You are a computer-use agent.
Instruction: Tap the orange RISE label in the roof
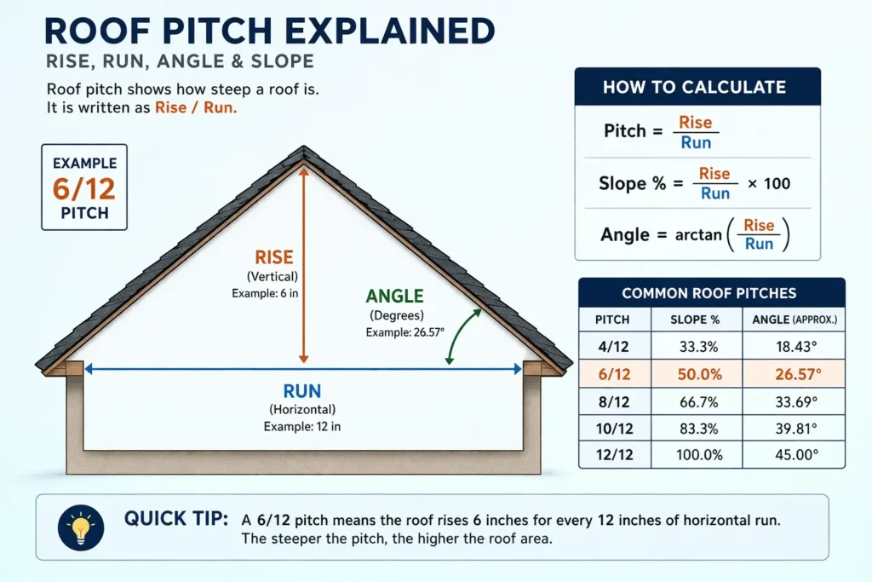[274, 257]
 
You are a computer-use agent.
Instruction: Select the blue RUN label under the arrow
[302, 392]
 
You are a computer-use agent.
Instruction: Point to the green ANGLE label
[394, 297]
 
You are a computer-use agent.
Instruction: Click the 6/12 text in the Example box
[83, 187]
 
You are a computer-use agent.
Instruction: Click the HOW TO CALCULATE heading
[694, 87]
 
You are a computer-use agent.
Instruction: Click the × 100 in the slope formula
[769, 183]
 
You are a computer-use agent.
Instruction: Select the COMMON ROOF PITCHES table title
[709, 293]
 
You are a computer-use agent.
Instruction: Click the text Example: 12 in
[302, 426]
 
